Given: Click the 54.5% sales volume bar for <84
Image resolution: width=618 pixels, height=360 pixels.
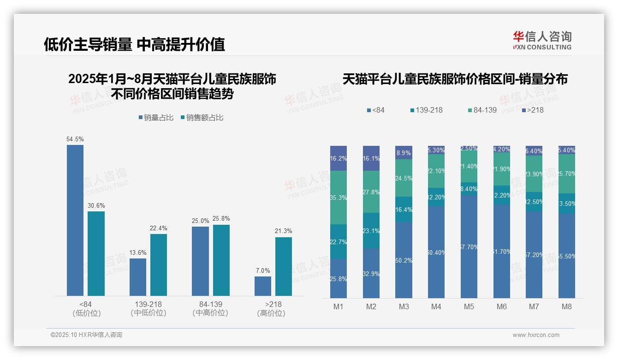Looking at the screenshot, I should click(x=75, y=220).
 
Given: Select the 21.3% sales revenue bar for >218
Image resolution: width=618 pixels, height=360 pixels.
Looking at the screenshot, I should click(x=284, y=266).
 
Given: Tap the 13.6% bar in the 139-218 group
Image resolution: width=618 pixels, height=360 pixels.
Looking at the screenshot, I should click(x=138, y=277).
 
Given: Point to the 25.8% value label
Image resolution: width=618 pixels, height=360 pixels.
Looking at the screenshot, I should click(x=221, y=219).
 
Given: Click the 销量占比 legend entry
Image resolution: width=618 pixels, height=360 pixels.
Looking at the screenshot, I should click(x=156, y=118).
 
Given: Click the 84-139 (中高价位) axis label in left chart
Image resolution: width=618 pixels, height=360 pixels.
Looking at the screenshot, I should click(x=210, y=309).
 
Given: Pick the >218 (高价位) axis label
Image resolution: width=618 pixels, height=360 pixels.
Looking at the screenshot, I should click(x=273, y=309).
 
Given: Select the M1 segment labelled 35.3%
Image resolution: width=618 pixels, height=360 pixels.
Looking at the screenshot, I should click(x=339, y=198).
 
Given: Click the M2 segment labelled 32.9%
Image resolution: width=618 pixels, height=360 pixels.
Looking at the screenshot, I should click(x=371, y=273).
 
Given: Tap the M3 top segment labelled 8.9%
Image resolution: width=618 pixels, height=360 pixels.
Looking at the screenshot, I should click(x=404, y=152).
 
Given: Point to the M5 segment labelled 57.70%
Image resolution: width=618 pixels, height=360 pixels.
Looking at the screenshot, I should click(x=469, y=247).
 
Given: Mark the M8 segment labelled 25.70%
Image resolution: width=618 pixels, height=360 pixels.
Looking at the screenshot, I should click(x=567, y=174).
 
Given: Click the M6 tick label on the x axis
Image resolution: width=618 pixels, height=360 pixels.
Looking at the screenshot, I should click(x=502, y=307).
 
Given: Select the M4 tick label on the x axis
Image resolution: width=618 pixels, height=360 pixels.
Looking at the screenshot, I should click(x=436, y=307).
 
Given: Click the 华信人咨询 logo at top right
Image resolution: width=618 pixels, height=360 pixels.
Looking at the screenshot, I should click(x=542, y=41).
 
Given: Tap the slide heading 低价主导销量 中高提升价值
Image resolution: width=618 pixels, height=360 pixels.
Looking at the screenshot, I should click(x=134, y=44).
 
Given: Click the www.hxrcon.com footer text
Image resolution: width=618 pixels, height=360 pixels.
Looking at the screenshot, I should click(x=536, y=335).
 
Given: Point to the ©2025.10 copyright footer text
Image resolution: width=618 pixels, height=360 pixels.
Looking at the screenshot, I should click(x=86, y=335).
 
